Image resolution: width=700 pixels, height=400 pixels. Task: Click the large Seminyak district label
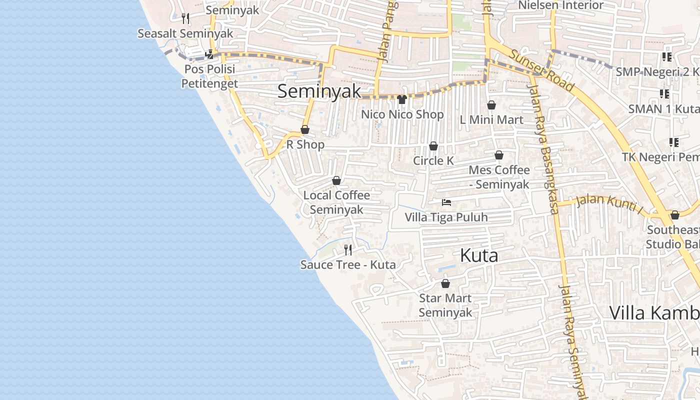pos(319,91)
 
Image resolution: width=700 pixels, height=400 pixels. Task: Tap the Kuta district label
pos(478,255)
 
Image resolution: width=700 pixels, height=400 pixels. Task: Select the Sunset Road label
pos(541,70)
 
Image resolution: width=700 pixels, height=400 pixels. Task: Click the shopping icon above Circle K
pos(433,146)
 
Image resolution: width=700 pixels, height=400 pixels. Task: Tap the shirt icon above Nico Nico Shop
pos(402,99)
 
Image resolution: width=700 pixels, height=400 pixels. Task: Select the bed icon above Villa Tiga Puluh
pos(446,202)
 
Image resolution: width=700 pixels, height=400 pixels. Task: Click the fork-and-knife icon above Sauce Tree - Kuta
pos(348,249)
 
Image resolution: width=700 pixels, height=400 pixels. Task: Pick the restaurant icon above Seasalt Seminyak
pos(185,18)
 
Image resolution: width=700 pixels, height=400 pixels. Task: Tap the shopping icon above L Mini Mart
pos(491,105)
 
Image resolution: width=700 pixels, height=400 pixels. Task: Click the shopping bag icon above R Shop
pos(305,130)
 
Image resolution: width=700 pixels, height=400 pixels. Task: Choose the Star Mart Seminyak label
pos(445,305)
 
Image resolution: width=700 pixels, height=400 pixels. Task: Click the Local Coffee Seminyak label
pos(336,202)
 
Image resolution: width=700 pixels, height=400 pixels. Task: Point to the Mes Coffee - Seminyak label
pos(499,177)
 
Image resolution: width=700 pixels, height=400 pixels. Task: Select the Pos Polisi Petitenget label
pos(209,76)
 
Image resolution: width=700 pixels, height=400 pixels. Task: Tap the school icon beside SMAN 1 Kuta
pos(664,93)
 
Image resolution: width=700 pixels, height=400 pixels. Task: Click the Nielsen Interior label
pos(561,5)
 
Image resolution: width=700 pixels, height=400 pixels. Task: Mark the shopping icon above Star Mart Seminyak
pos(445,283)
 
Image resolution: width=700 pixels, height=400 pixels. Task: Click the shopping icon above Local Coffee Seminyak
pos(336,180)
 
